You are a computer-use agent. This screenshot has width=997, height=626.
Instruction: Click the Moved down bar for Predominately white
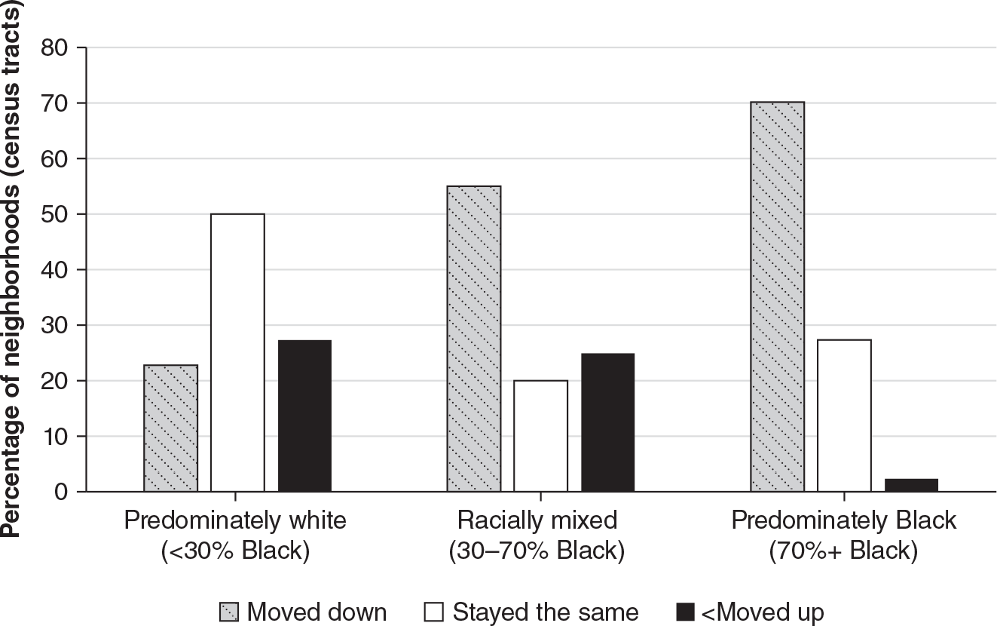pyautogui.click(x=170, y=428)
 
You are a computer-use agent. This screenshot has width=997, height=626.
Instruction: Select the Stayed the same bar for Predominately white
pyautogui.click(x=237, y=353)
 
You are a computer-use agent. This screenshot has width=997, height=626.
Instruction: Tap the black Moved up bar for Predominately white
pyautogui.click(x=304, y=416)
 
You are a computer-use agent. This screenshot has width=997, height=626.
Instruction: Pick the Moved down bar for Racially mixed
pyautogui.click(x=474, y=339)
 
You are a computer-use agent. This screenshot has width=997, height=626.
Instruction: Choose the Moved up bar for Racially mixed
pyautogui.click(x=607, y=422)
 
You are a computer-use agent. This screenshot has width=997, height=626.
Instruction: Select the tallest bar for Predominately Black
pyautogui.click(x=777, y=296)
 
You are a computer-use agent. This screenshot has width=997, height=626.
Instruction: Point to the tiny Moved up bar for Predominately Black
pyautogui.click(x=911, y=485)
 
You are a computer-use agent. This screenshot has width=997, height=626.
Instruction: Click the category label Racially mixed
pyautogui.click(x=536, y=520)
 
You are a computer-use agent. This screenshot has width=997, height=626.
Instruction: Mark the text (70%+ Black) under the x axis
pyautogui.click(x=843, y=551)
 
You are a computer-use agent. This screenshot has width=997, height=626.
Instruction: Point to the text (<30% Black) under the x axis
pyautogui.click(x=235, y=551)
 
